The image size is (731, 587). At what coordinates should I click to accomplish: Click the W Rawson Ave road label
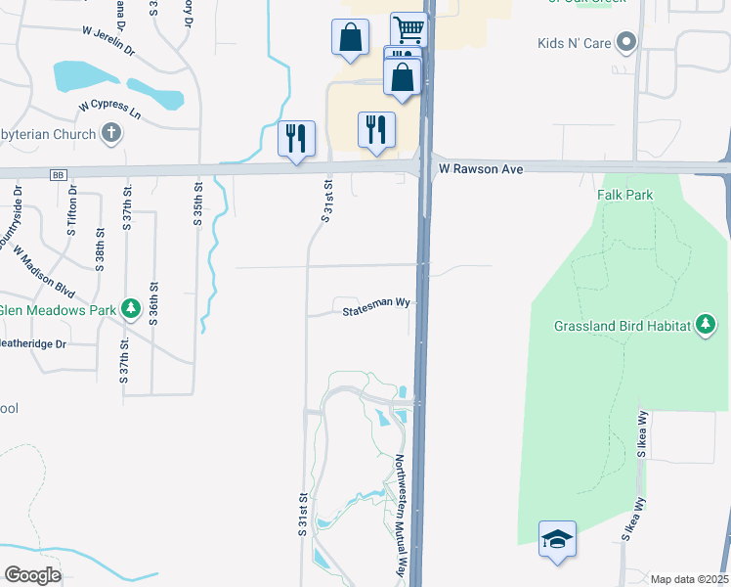coord(481,169)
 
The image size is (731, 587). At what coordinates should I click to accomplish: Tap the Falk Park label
coord(624,195)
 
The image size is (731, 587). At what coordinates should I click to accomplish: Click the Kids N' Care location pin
coord(627,43)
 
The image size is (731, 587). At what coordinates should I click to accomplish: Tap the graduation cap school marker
coord(557,538)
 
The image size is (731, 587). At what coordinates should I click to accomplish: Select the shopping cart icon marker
coord(409,29)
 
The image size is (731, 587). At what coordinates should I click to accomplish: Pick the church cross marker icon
coord(111,134)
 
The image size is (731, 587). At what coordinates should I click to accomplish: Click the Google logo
coord(32,575)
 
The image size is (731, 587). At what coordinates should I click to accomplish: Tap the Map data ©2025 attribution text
coord(688,579)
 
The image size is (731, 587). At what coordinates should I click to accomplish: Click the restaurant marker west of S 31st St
coord(296,138)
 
